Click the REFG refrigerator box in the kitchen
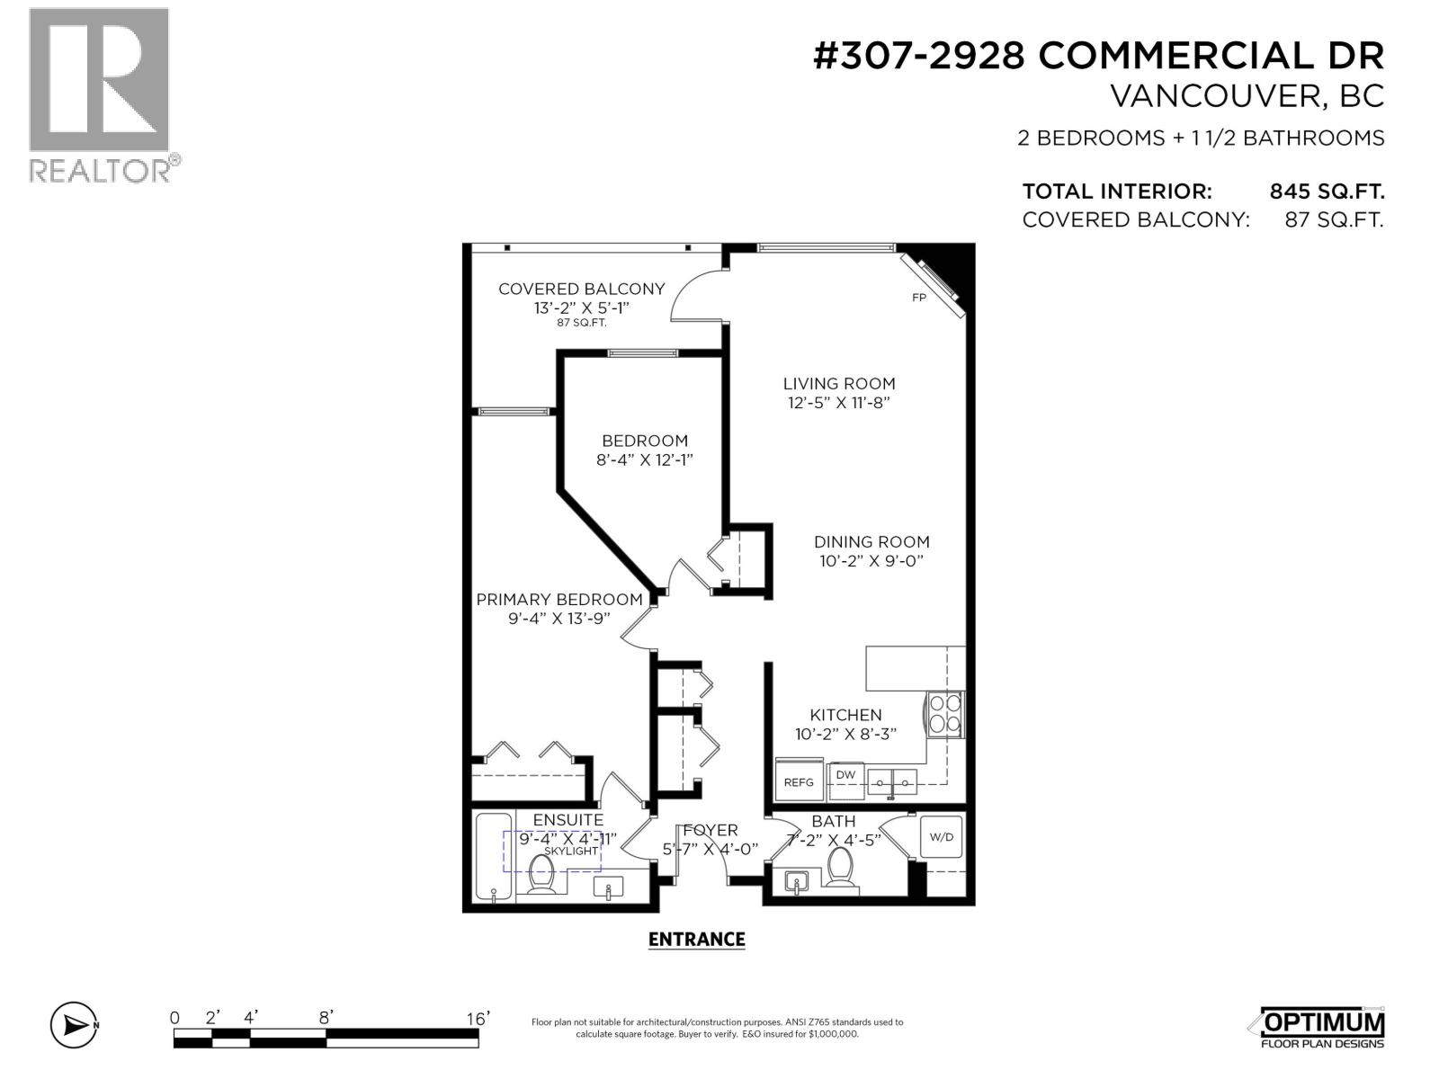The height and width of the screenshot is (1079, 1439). (x=799, y=780)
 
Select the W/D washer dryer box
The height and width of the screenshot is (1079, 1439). (x=942, y=836)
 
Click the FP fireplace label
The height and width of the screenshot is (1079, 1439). (x=919, y=298)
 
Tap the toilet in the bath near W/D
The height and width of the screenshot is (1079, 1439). (x=840, y=868)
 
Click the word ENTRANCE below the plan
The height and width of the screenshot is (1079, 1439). (x=696, y=940)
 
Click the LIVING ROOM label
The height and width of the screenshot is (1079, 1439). (x=838, y=383)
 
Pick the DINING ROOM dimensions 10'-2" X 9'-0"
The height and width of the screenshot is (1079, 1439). (x=871, y=561)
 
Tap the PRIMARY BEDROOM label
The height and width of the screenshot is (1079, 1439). (x=559, y=600)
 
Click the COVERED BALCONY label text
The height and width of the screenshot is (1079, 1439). (x=581, y=289)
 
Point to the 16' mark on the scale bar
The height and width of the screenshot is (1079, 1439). (x=478, y=1018)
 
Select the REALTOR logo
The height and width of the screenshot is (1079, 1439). (x=100, y=94)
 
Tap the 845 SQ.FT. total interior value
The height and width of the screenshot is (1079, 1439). (x=1326, y=192)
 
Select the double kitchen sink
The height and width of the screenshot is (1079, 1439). (x=891, y=781)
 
